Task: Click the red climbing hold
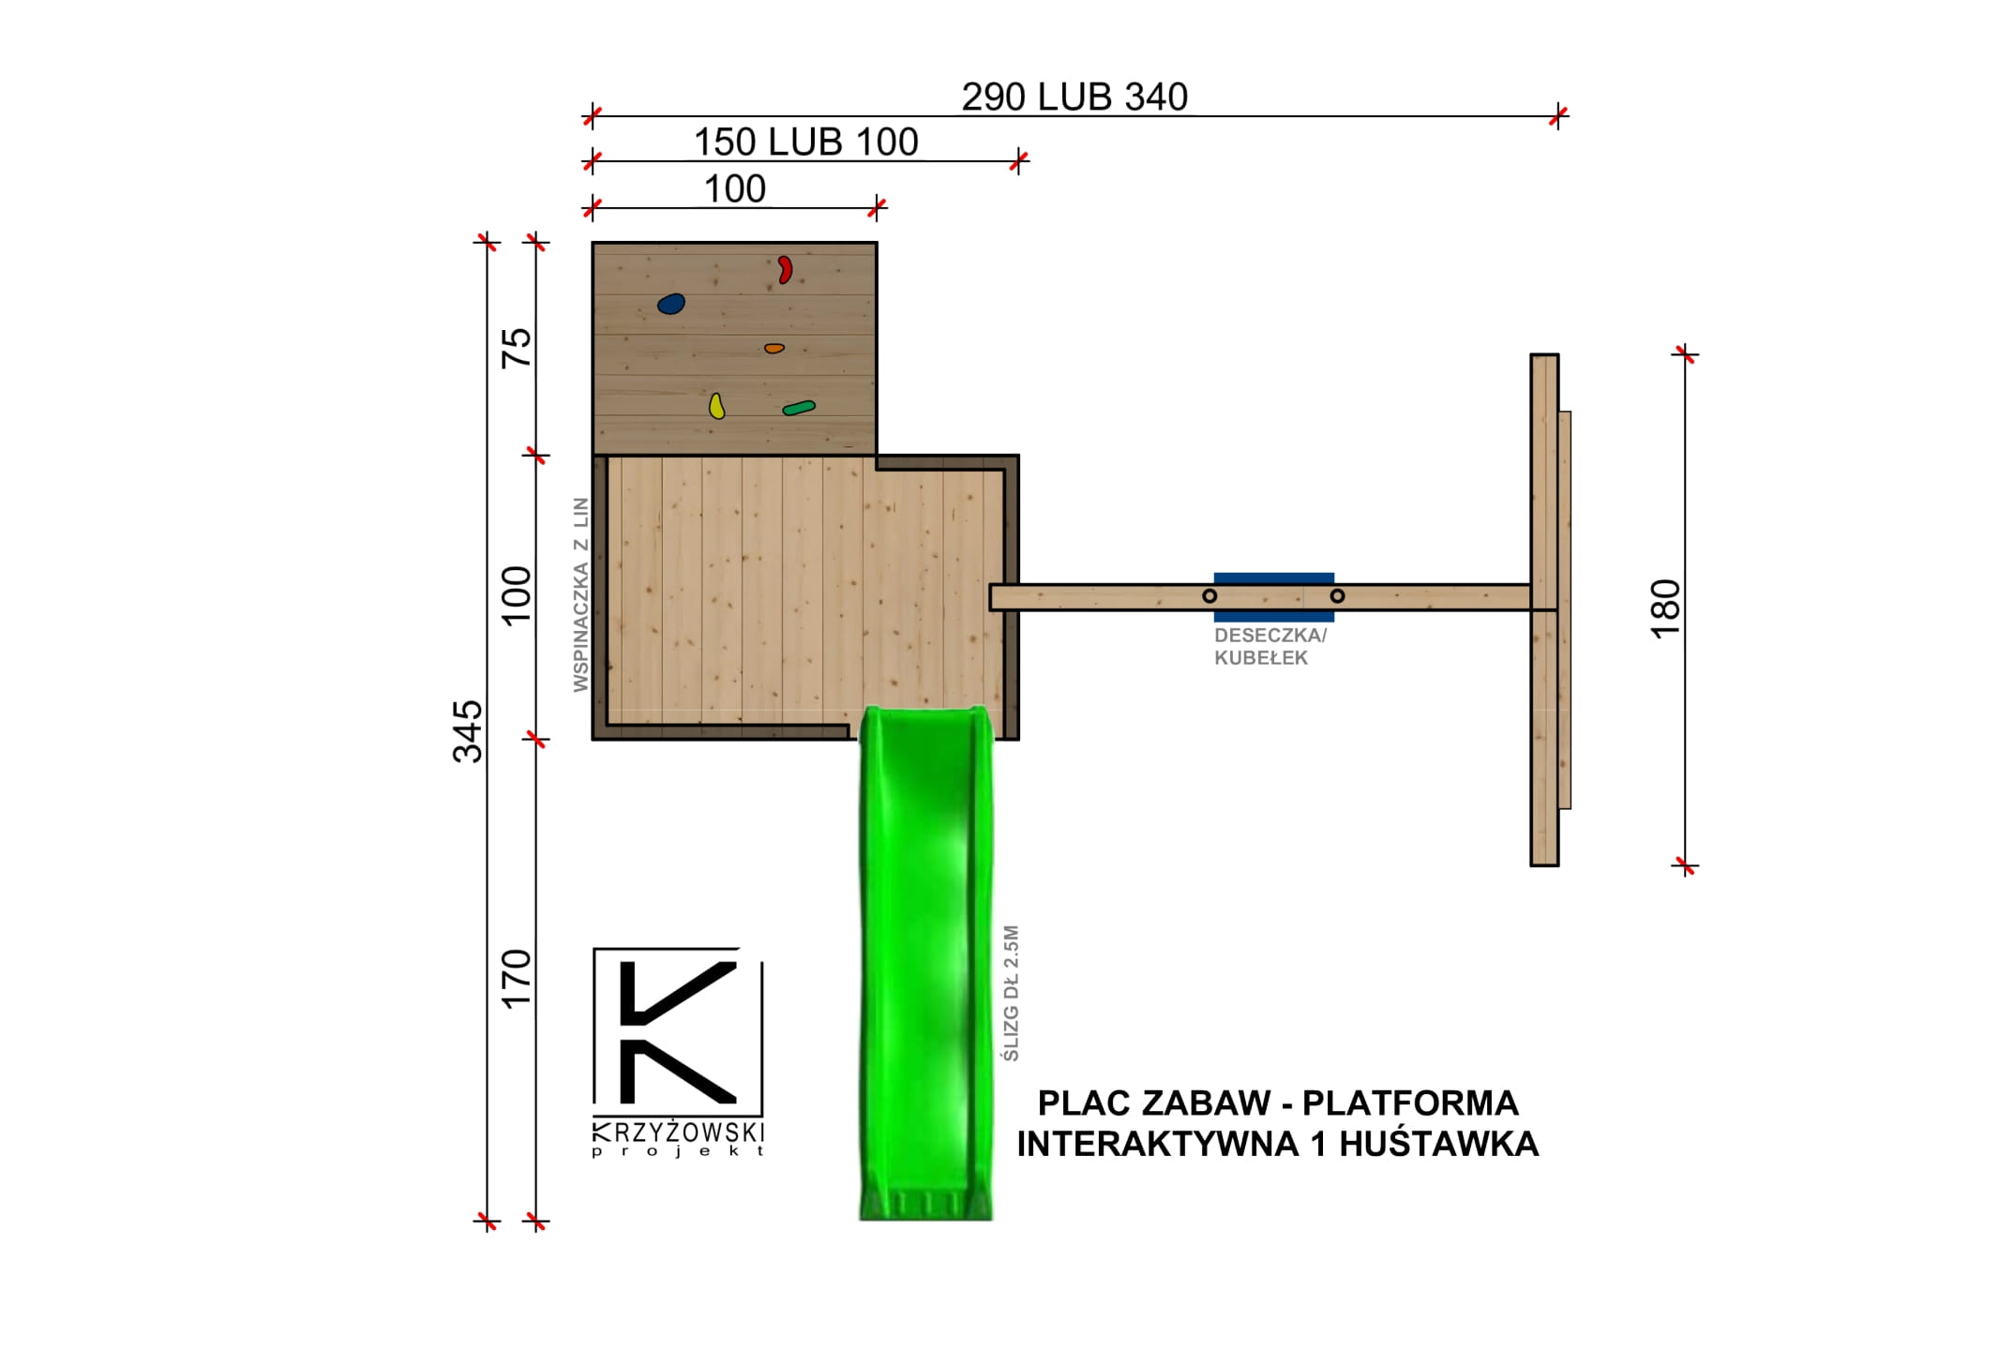785,270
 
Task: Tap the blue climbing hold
671,304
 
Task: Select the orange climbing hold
774,348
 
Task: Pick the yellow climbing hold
716,406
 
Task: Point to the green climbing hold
799,407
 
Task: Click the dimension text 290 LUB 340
1075,97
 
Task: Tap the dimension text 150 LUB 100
805,143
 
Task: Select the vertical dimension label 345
468,731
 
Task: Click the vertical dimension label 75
517,348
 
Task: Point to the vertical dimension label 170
517,979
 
